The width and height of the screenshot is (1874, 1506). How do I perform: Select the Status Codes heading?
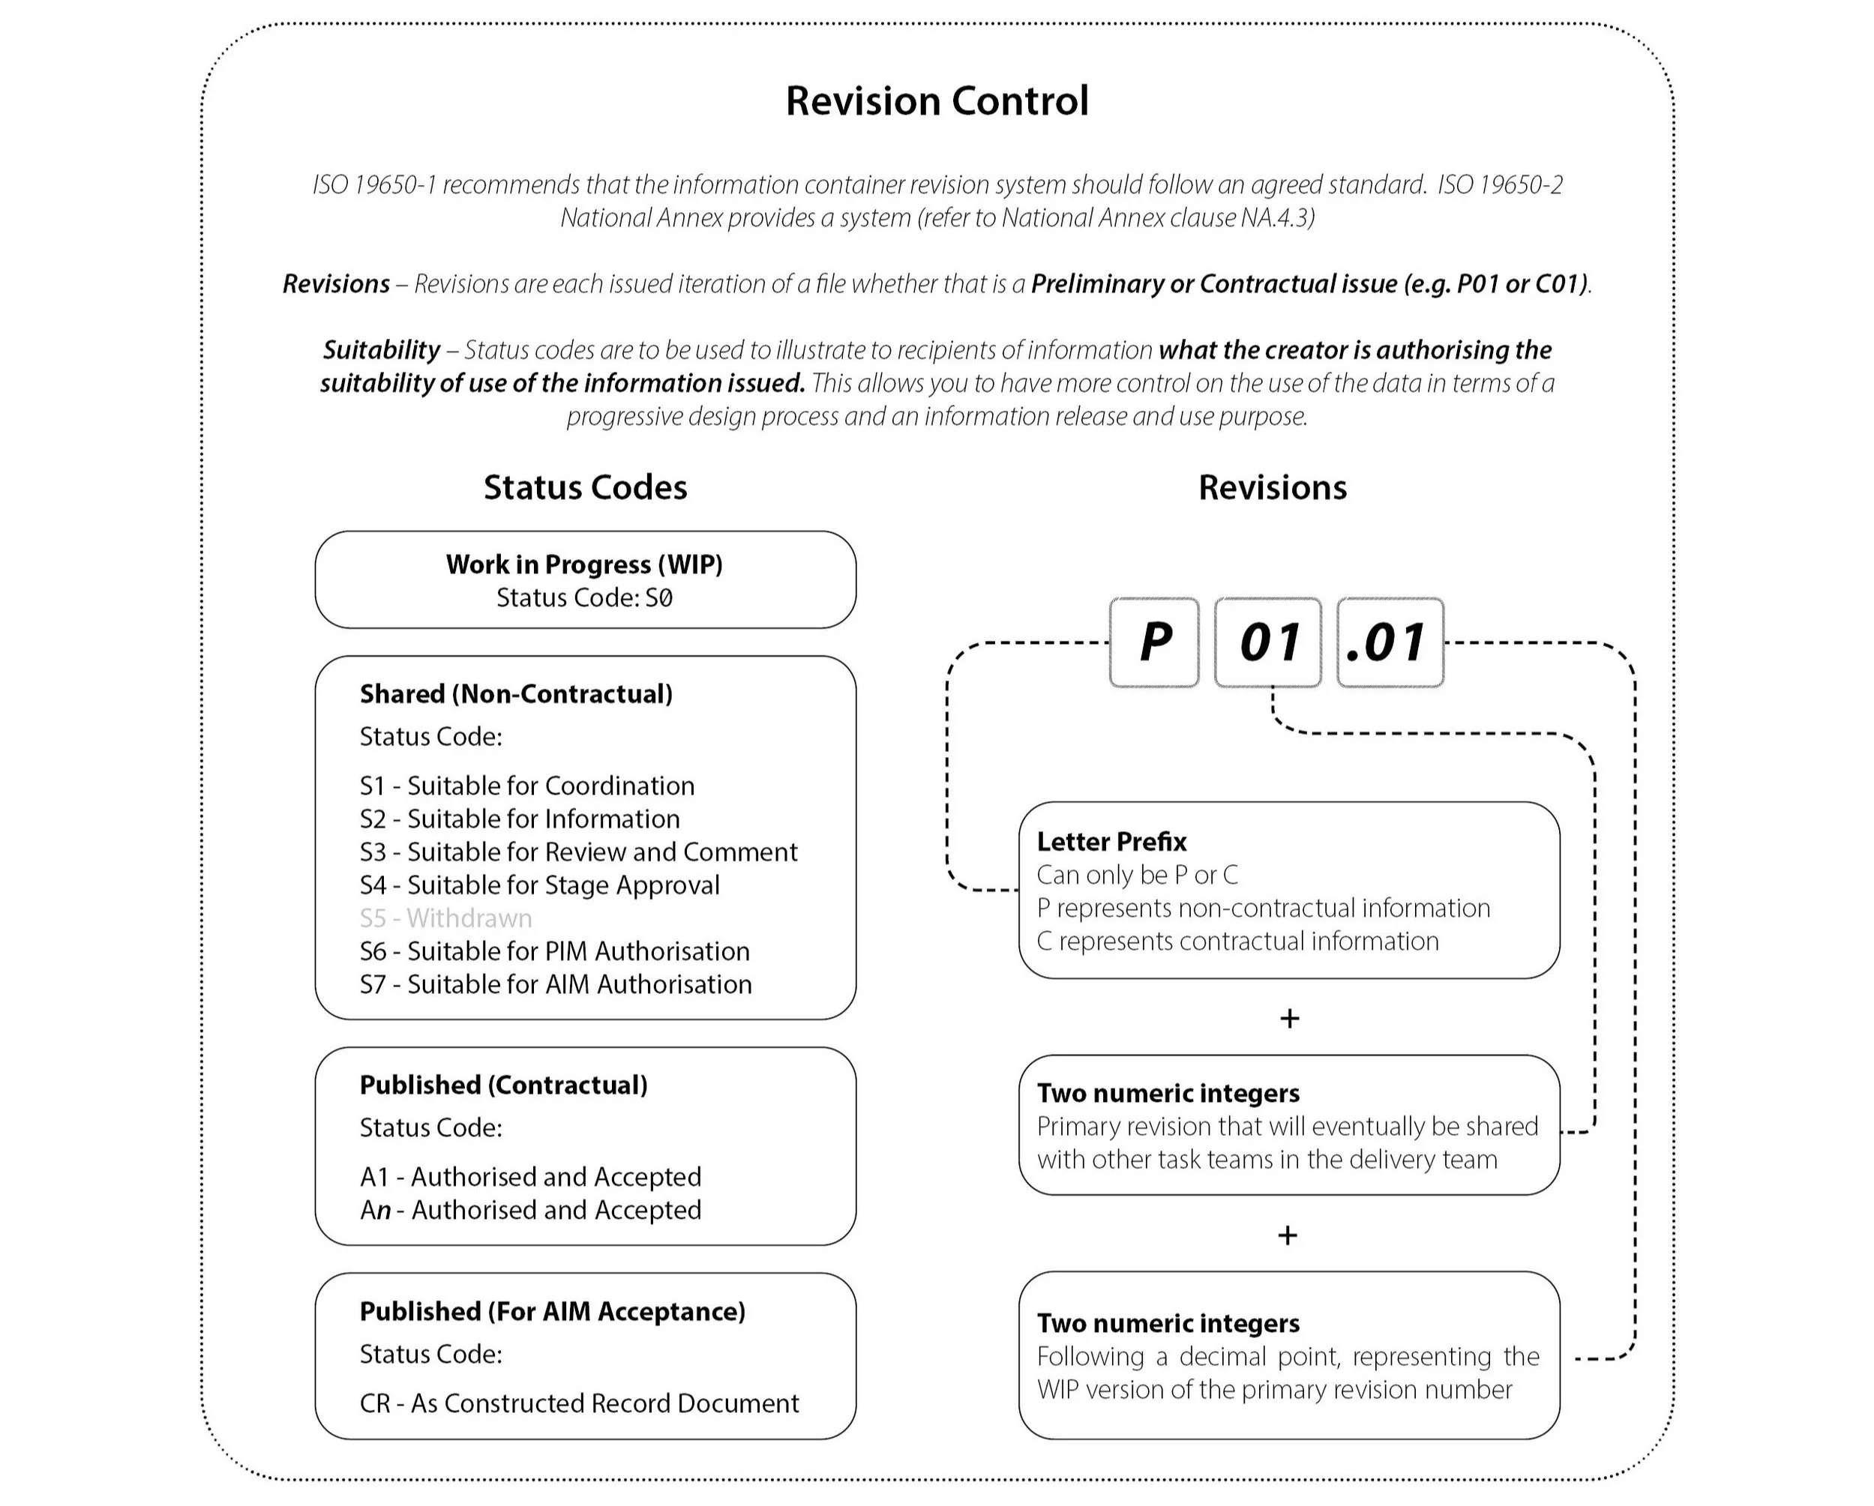pos(585,487)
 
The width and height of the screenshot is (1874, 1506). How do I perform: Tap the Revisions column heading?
pos(1272,487)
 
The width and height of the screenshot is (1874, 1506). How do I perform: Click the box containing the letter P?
pos(1153,642)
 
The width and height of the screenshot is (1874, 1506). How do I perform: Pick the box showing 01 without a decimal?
pos(1267,642)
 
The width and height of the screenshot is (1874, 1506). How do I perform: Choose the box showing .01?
pos(1390,642)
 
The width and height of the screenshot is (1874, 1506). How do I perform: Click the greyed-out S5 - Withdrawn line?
pos(446,918)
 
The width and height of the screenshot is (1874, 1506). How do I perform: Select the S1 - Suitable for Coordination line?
pos(526,786)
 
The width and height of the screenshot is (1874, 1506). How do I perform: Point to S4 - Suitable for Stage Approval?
pos(540,885)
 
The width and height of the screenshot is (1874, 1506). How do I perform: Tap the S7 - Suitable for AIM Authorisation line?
pos(556,984)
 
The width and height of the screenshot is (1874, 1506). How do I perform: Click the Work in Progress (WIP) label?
pos(584,564)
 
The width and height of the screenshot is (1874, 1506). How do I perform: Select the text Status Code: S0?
pos(584,598)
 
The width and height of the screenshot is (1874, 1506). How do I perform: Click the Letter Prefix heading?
pos(1111,841)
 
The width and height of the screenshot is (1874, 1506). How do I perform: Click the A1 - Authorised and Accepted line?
pos(530,1177)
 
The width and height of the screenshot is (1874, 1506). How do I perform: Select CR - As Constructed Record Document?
pos(579,1403)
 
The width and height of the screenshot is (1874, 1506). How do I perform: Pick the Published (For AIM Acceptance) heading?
pos(552,1311)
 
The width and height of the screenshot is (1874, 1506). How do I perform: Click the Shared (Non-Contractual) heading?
pos(515,693)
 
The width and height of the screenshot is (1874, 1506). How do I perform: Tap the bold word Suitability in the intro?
pos(381,349)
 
